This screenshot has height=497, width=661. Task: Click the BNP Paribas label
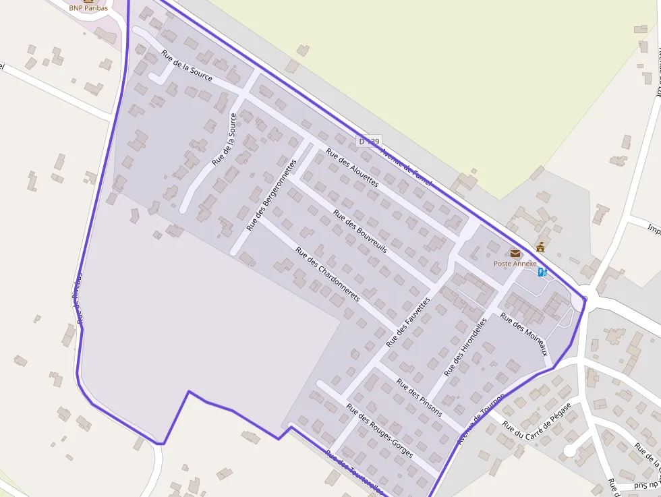pyautogui.click(x=88, y=8)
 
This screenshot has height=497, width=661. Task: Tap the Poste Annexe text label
pyautogui.click(x=515, y=264)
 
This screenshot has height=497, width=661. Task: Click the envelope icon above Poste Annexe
pyautogui.click(x=515, y=254)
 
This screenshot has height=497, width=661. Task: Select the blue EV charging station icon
pyautogui.click(x=542, y=272)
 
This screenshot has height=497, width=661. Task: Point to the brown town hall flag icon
pyautogui.click(x=540, y=247)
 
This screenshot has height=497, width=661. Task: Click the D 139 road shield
pyautogui.click(x=370, y=141)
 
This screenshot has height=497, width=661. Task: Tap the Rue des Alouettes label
pyautogui.click(x=352, y=167)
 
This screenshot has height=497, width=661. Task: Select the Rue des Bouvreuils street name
pyautogui.click(x=360, y=231)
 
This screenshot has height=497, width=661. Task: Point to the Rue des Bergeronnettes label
pyautogui.click(x=271, y=195)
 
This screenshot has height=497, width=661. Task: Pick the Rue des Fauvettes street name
pyautogui.click(x=407, y=322)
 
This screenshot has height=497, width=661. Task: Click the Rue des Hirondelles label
pyautogui.click(x=465, y=347)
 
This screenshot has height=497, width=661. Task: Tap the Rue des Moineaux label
pyautogui.click(x=523, y=335)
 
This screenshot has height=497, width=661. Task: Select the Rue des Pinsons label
pyautogui.click(x=419, y=398)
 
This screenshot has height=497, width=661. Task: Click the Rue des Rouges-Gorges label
pyautogui.click(x=379, y=430)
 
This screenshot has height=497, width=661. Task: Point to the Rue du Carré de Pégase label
pyautogui.click(x=537, y=419)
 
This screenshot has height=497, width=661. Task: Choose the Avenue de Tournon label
pyautogui.click(x=481, y=418)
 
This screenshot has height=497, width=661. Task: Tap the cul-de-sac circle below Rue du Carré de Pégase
pyautogui.click(x=570, y=450)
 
